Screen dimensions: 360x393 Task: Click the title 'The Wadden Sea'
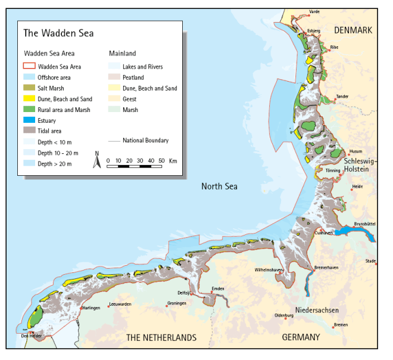58,33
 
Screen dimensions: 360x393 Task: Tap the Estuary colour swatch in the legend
29,120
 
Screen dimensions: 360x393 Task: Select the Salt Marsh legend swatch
29,88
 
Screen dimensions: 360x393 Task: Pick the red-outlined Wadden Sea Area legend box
29,67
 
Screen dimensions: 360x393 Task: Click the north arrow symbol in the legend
97,160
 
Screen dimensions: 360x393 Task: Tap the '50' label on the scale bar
161,161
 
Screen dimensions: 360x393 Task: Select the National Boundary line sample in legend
114,141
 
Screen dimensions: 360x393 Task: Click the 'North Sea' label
219,187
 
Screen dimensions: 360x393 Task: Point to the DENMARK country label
353,30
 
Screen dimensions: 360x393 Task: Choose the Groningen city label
177,303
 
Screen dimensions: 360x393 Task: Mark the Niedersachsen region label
317,311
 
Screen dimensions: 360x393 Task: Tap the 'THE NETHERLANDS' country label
161,337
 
